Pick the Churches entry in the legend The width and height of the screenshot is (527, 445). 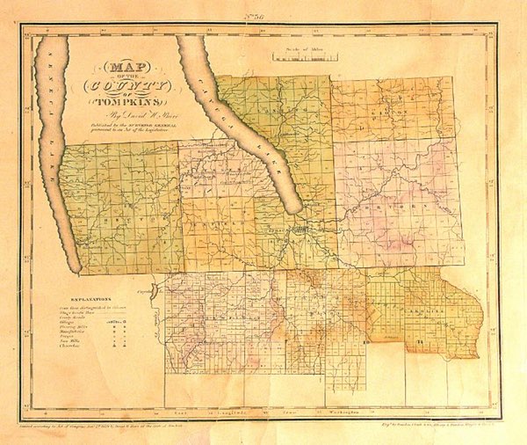coord(83,353)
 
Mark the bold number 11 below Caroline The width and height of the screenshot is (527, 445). coord(420,340)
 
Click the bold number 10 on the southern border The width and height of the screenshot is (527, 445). coord(363,340)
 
